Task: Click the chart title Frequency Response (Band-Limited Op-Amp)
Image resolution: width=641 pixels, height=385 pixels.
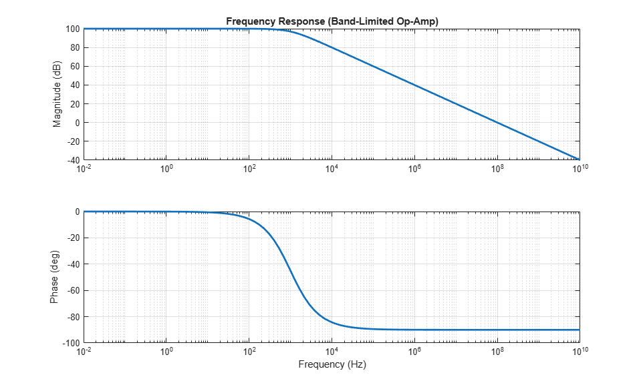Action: click(332, 21)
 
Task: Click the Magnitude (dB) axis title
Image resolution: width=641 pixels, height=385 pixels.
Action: click(57, 94)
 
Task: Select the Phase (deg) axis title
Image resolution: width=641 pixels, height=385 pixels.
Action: click(54, 277)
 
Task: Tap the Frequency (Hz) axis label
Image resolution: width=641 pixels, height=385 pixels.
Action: click(332, 364)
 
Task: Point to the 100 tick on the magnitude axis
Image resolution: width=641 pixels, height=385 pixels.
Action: click(72, 29)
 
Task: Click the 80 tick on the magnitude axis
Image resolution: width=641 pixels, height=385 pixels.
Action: click(75, 48)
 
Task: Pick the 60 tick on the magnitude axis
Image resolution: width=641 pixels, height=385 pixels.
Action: click(75, 66)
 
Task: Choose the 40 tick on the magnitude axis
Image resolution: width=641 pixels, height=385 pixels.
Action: click(75, 85)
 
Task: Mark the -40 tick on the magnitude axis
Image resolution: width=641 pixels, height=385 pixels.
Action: click(74, 160)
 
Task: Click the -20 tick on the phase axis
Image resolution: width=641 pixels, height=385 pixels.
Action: click(74, 238)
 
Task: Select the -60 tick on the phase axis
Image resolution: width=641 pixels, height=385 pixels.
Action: click(74, 291)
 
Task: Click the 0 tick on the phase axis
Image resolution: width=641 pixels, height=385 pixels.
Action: click(78, 212)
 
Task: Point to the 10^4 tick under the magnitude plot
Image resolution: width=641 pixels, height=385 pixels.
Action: click(332, 167)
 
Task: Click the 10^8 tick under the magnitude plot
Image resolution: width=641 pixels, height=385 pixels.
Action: click(497, 167)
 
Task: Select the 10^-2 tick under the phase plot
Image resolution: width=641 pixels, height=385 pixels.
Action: click(84, 351)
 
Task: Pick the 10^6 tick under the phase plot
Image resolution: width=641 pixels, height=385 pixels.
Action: click(414, 351)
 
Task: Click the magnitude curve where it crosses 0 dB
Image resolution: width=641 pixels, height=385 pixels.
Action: click(497, 123)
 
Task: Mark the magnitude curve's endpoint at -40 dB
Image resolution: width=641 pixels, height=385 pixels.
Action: click(580, 159)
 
